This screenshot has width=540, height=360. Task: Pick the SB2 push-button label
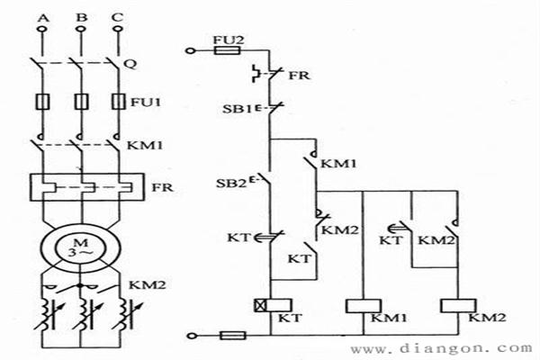coord(233,184)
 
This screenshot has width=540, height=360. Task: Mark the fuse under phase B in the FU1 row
coord(82,102)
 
